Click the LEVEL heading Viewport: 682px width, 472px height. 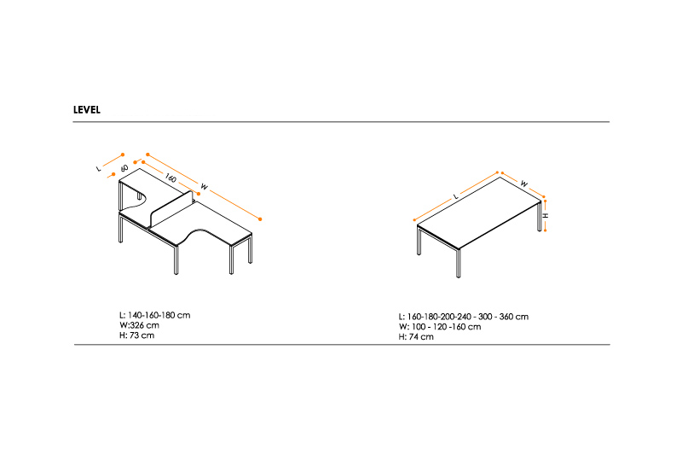point(87,110)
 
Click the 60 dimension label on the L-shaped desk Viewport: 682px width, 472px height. point(124,168)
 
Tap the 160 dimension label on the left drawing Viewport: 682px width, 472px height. point(170,178)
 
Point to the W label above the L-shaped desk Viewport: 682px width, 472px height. point(204,187)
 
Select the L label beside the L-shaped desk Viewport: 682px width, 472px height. point(99,168)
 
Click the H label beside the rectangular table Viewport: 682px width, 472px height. point(546,216)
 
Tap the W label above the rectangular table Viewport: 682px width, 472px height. point(524,184)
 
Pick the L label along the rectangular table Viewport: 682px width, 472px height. point(456,196)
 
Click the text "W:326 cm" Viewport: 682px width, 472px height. point(139,325)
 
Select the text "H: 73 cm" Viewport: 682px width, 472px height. point(137,335)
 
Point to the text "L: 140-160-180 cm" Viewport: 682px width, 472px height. point(155,315)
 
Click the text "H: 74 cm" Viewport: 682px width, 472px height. point(416,336)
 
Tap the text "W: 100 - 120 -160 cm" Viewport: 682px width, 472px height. point(440,327)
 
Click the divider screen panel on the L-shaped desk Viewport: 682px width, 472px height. point(171,209)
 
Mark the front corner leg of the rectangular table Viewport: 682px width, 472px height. point(459,264)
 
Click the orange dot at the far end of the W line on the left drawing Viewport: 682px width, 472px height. point(260,219)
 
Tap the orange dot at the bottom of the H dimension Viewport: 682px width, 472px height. point(545,230)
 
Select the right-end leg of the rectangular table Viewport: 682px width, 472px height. point(540,216)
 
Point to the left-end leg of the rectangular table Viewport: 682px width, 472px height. point(419,241)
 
